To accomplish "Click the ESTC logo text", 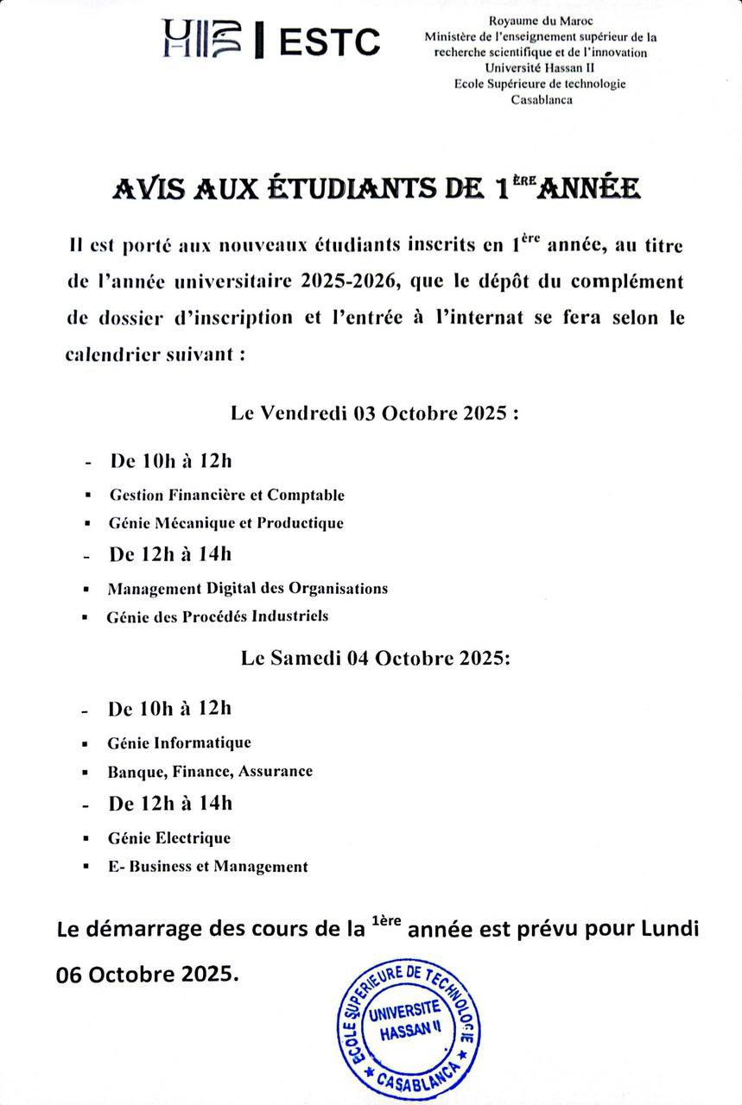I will (x=329, y=41).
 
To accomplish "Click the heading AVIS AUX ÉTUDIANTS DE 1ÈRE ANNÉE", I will (x=376, y=188).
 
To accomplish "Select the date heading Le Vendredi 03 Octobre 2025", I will (x=375, y=413).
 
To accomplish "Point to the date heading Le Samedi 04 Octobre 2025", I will (x=376, y=658).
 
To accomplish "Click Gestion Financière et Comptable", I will (x=226, y=495).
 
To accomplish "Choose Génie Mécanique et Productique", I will (x=225, y=522).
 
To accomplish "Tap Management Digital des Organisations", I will (x=247, y=589).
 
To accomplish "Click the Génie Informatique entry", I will (x=180, y=742).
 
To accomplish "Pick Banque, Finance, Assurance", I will (x=210, y=771).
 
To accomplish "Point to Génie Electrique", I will (x=169, y=837).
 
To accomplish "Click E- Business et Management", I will (x=207, y=866).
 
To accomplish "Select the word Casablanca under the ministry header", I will (x=541, y=99).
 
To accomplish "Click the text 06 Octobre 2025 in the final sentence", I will (x=144, y=974).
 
